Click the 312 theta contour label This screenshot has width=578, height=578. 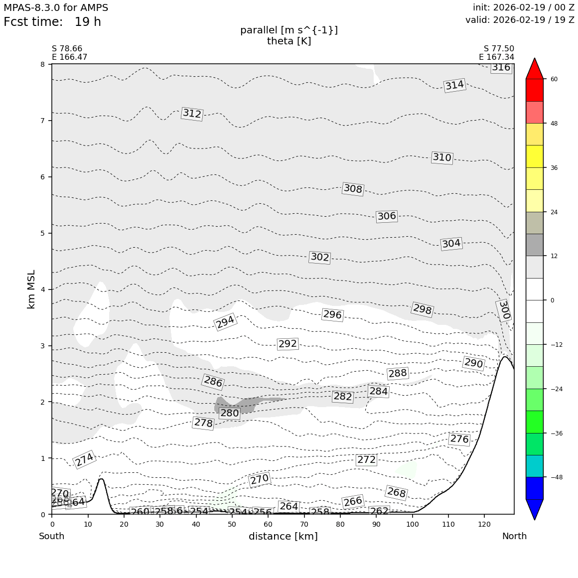192,114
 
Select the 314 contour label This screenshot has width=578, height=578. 454,85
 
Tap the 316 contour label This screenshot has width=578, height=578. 501,67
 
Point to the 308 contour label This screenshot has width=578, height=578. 353,189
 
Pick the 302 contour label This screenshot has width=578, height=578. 319,257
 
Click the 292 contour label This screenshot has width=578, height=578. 288,344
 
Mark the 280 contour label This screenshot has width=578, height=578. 230,413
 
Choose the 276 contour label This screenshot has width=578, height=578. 459,439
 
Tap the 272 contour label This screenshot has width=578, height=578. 366,459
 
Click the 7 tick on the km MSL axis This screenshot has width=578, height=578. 42,121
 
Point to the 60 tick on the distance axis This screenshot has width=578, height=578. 268,524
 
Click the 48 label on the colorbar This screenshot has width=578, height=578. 554,124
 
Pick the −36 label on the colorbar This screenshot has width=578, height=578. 557,433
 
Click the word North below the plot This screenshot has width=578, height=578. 514,536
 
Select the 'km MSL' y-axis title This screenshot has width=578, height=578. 31,289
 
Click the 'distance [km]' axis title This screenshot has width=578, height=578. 283,536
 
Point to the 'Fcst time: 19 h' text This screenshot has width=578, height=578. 52,22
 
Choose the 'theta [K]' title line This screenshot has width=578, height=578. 289,41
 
